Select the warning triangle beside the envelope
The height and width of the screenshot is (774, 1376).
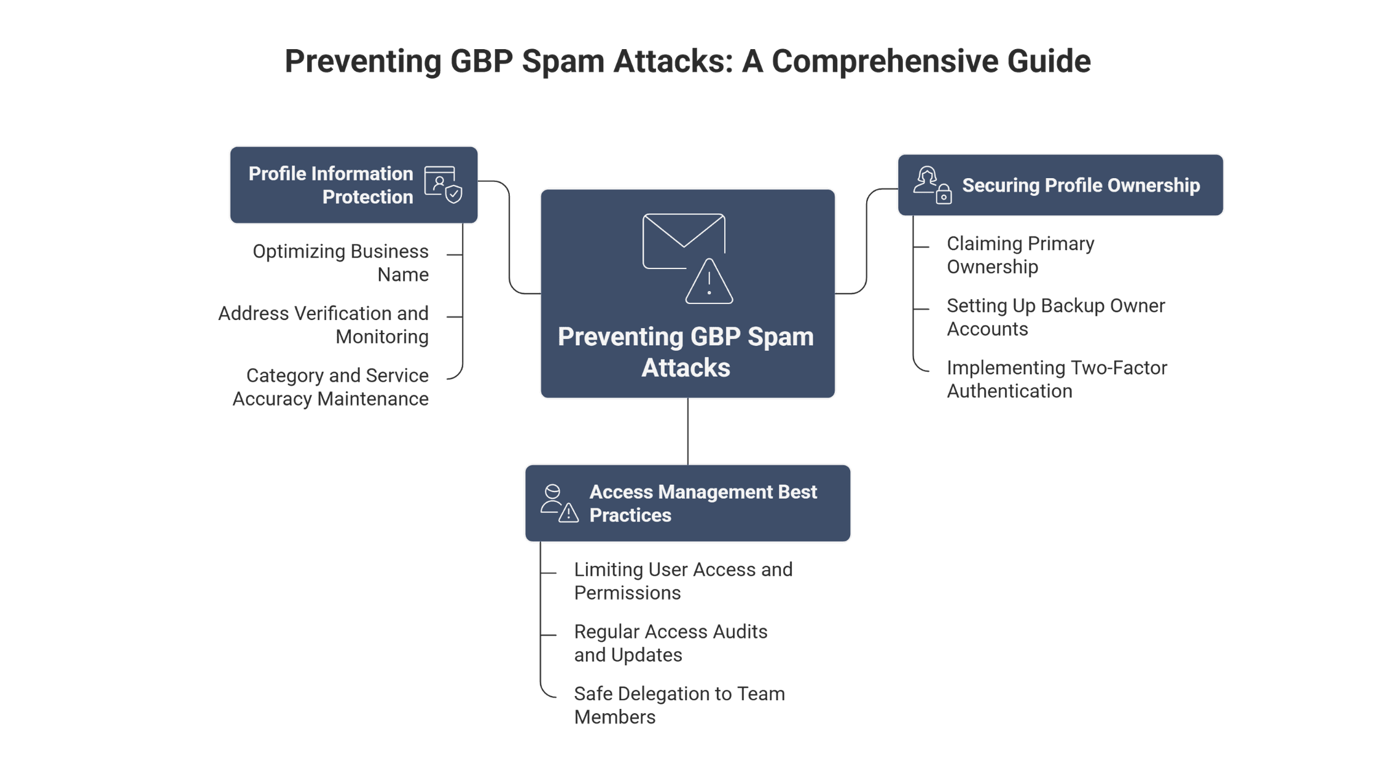point(709,283)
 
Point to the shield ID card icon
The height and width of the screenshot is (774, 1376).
point(443,184)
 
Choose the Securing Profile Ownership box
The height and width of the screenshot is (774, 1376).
point(1060,185)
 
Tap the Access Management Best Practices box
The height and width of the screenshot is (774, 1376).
point(687,503)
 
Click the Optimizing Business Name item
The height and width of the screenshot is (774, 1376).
point(341,263)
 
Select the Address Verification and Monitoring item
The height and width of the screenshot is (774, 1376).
point(324,325)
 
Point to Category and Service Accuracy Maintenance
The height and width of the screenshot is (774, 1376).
point(331,387)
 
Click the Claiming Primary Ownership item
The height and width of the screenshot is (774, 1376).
point(1020,255)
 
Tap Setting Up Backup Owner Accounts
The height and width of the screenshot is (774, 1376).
point(1055,317)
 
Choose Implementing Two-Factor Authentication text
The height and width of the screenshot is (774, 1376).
point(1057,379)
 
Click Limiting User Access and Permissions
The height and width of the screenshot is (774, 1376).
point(683,581)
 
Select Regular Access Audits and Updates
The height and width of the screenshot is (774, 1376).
point(670,643)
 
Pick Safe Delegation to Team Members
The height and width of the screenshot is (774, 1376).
point(679,705)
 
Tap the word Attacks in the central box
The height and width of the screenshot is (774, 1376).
point(686,368)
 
